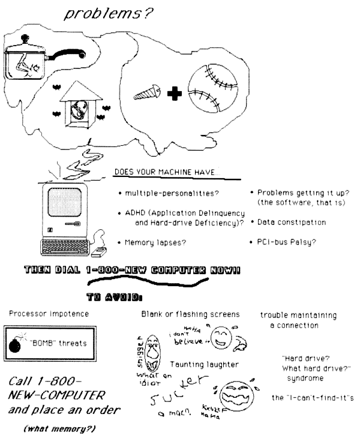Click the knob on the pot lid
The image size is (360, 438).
click(25, 38)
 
